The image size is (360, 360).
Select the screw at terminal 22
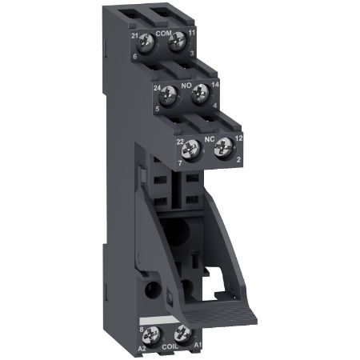[x=194, y=146]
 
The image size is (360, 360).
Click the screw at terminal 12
[x=226, y=146]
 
